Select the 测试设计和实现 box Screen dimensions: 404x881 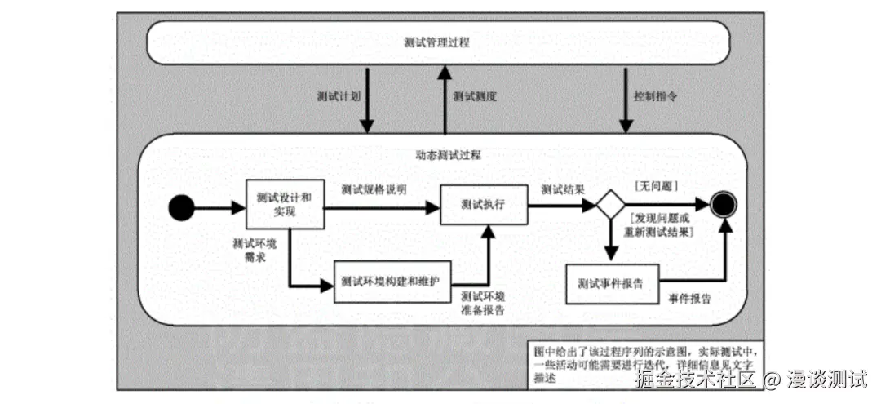(x=285, y=204)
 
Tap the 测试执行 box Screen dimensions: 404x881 (x=483, y=204)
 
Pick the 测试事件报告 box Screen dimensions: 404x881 (x=610, y=284)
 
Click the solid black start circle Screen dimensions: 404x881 (x=181, y=209)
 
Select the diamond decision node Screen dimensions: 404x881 (x=609, y=205)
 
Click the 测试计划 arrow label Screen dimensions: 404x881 (x=338, y=95)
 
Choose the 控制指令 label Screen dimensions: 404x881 (x=655, y=95)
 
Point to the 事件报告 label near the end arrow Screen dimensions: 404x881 (x=689, y=298)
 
